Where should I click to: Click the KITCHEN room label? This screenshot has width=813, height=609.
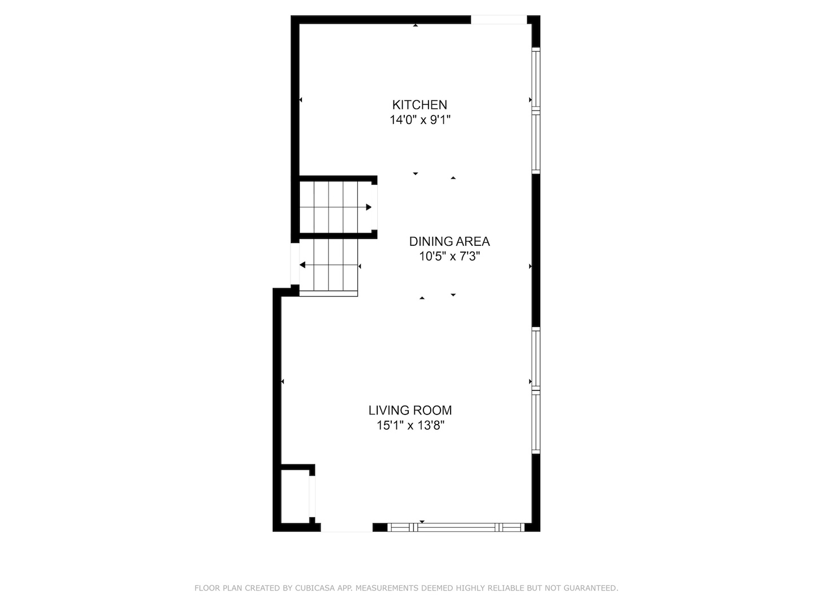[x=419, y=105]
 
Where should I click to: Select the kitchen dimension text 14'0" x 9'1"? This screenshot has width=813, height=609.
[x=419, y=120]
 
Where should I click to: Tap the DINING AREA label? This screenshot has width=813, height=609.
[x=449, y=241]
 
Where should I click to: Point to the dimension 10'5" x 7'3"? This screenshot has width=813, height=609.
[x=449, y=257]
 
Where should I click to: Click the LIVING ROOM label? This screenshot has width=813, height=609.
[x=410, y=411]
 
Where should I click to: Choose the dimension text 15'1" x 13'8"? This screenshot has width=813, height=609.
[x=410, y=426]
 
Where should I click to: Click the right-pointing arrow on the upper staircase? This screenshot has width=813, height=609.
[x=368, y=207]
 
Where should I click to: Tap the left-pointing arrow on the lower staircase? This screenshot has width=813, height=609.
[x=303, y=265]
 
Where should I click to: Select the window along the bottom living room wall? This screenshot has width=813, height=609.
[x=456, y=527]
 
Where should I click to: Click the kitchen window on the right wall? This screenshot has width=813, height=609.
[x=536, y=111]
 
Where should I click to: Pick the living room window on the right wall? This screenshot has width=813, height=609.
[x=536, y=390]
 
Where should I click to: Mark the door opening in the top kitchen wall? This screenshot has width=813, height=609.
[x=499, y=20]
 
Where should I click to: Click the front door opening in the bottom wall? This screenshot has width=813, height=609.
[x=346, y=527]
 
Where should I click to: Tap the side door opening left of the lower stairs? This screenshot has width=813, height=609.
[x=294, y=264]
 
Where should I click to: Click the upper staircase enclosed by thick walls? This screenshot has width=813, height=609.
[x=334, y=207]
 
